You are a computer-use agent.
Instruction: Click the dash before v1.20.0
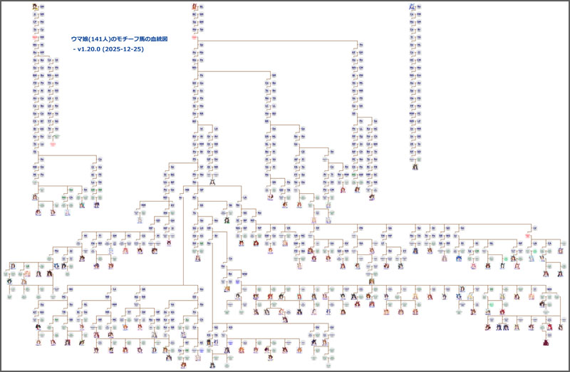coord(74,49)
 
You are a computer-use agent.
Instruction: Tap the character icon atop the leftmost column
coord(34,6)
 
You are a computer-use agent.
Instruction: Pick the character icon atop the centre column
coord(194,6)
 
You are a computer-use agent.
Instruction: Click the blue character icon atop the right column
coord(412,6)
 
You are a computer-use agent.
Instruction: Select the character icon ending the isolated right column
coord(415,167)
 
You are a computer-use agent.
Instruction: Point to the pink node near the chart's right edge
coord(528,235)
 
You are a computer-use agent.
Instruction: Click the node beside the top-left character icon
coord(41,6)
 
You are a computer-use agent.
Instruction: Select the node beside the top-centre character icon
coord(201,6)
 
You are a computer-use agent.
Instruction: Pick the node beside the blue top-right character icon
coord(419,6)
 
